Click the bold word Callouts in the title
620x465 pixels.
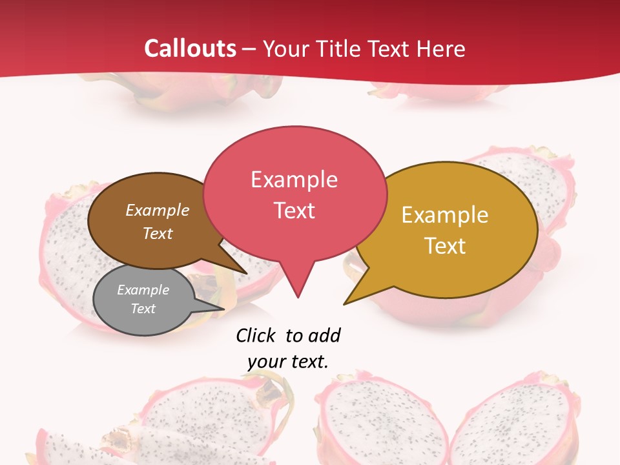coord(190,48)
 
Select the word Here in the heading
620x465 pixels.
coord(442,48)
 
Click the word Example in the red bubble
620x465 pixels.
coord(294,180)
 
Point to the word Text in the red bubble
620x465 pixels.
coord(294,210)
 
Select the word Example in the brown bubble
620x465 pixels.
coord(158,210)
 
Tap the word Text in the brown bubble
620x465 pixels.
coord(158,233)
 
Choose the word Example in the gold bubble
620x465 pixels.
coord(445,215)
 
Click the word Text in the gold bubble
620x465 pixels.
coord(445,245)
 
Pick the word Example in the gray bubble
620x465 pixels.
coord(143,290)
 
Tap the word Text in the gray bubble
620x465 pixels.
coord(143,309)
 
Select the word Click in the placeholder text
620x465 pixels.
coord(257,335)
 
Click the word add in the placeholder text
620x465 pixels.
coord(324,335)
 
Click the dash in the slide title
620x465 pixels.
coord(249,48)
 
